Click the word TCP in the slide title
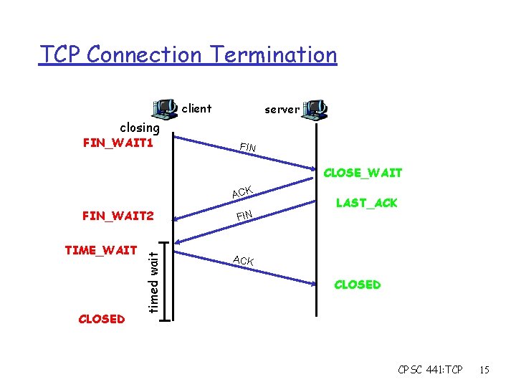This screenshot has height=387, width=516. (61, 54)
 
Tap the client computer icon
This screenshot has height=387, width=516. (166, 109)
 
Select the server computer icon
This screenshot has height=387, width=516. (315, 109)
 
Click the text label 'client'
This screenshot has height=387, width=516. (196, 109)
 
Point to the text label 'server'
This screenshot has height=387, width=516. (282, 110)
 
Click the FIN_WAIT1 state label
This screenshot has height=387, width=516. (118, 143)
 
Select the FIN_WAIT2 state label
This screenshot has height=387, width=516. (118, 215)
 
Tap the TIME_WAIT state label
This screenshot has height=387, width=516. (101, 250)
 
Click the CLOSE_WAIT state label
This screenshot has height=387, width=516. (363, 173)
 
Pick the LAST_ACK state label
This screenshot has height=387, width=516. (366, 203)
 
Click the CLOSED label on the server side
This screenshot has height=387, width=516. (357, 285)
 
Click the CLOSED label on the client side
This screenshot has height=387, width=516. (101, 319)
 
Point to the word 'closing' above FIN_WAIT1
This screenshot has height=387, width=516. (140, 128)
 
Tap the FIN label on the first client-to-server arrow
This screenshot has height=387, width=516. (248, 148)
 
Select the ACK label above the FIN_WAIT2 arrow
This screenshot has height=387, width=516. (242, 192)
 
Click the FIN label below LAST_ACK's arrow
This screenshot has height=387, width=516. (244, 215)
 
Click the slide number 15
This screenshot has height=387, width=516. (484, 370)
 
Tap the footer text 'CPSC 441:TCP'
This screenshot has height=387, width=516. (430, 370)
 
